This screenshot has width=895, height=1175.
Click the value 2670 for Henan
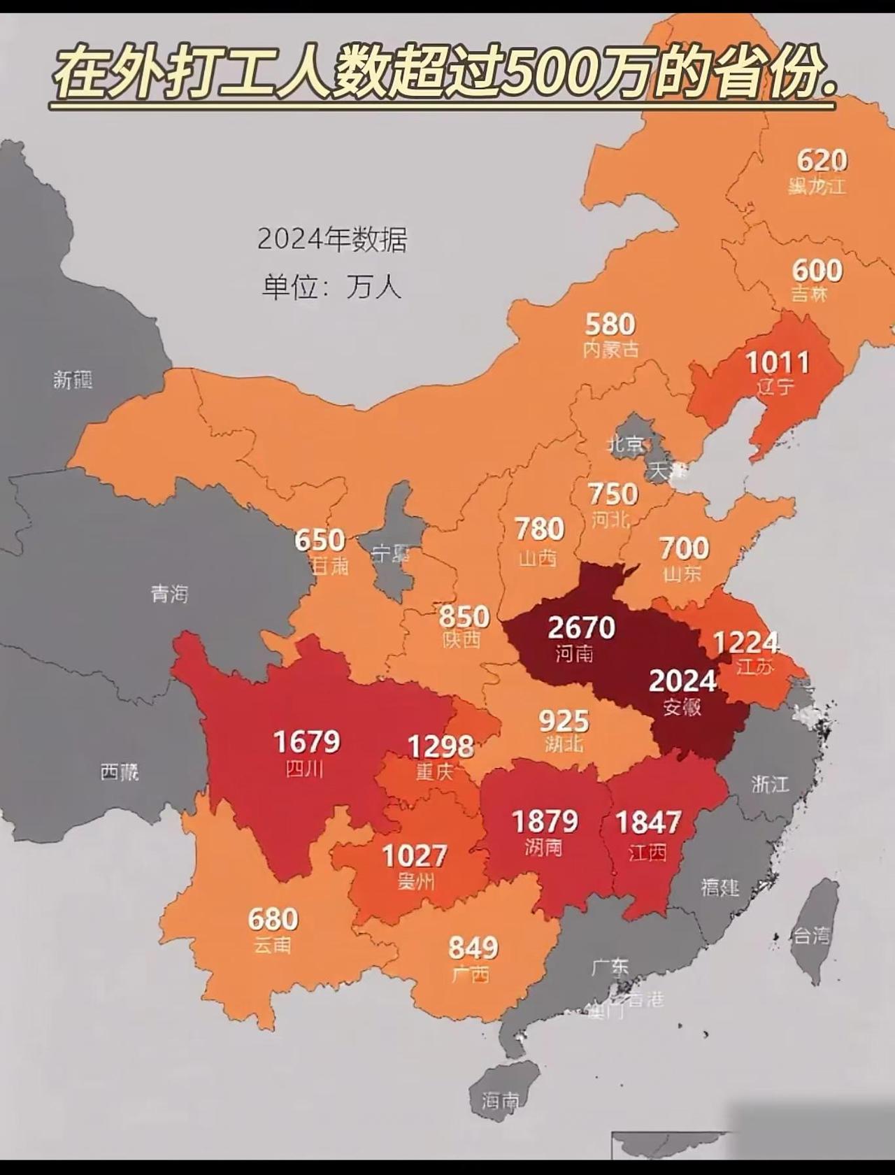tap(581, 627)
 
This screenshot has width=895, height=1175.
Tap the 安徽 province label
tap(682, 707)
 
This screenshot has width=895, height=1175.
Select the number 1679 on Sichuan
tap(306, 742)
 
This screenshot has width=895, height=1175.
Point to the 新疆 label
tap(73, 380)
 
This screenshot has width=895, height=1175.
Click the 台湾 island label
tap(812, 935)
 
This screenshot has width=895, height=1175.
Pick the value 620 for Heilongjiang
tap(822, 161)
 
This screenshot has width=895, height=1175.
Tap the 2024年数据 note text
tap(332, 240)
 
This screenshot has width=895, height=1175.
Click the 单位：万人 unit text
tap(332, 287)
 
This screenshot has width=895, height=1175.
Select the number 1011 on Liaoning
tap(777, 362)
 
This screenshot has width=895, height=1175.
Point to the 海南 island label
tap(501, 1101)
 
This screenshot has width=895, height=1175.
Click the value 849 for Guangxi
tap(473, 948)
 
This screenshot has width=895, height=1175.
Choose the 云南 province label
tap(272, 946)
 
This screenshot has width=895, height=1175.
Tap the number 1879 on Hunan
tap(545, 821)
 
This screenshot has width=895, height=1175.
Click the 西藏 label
tap(119, 772)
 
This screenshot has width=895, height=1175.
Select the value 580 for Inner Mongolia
tap(610, 325)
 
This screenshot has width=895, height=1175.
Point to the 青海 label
tap(169, 594)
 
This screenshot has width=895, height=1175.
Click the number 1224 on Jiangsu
tap(745, 642)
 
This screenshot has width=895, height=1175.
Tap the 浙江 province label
tap(770, 784)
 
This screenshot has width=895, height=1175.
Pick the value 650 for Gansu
tap(320, 540)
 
